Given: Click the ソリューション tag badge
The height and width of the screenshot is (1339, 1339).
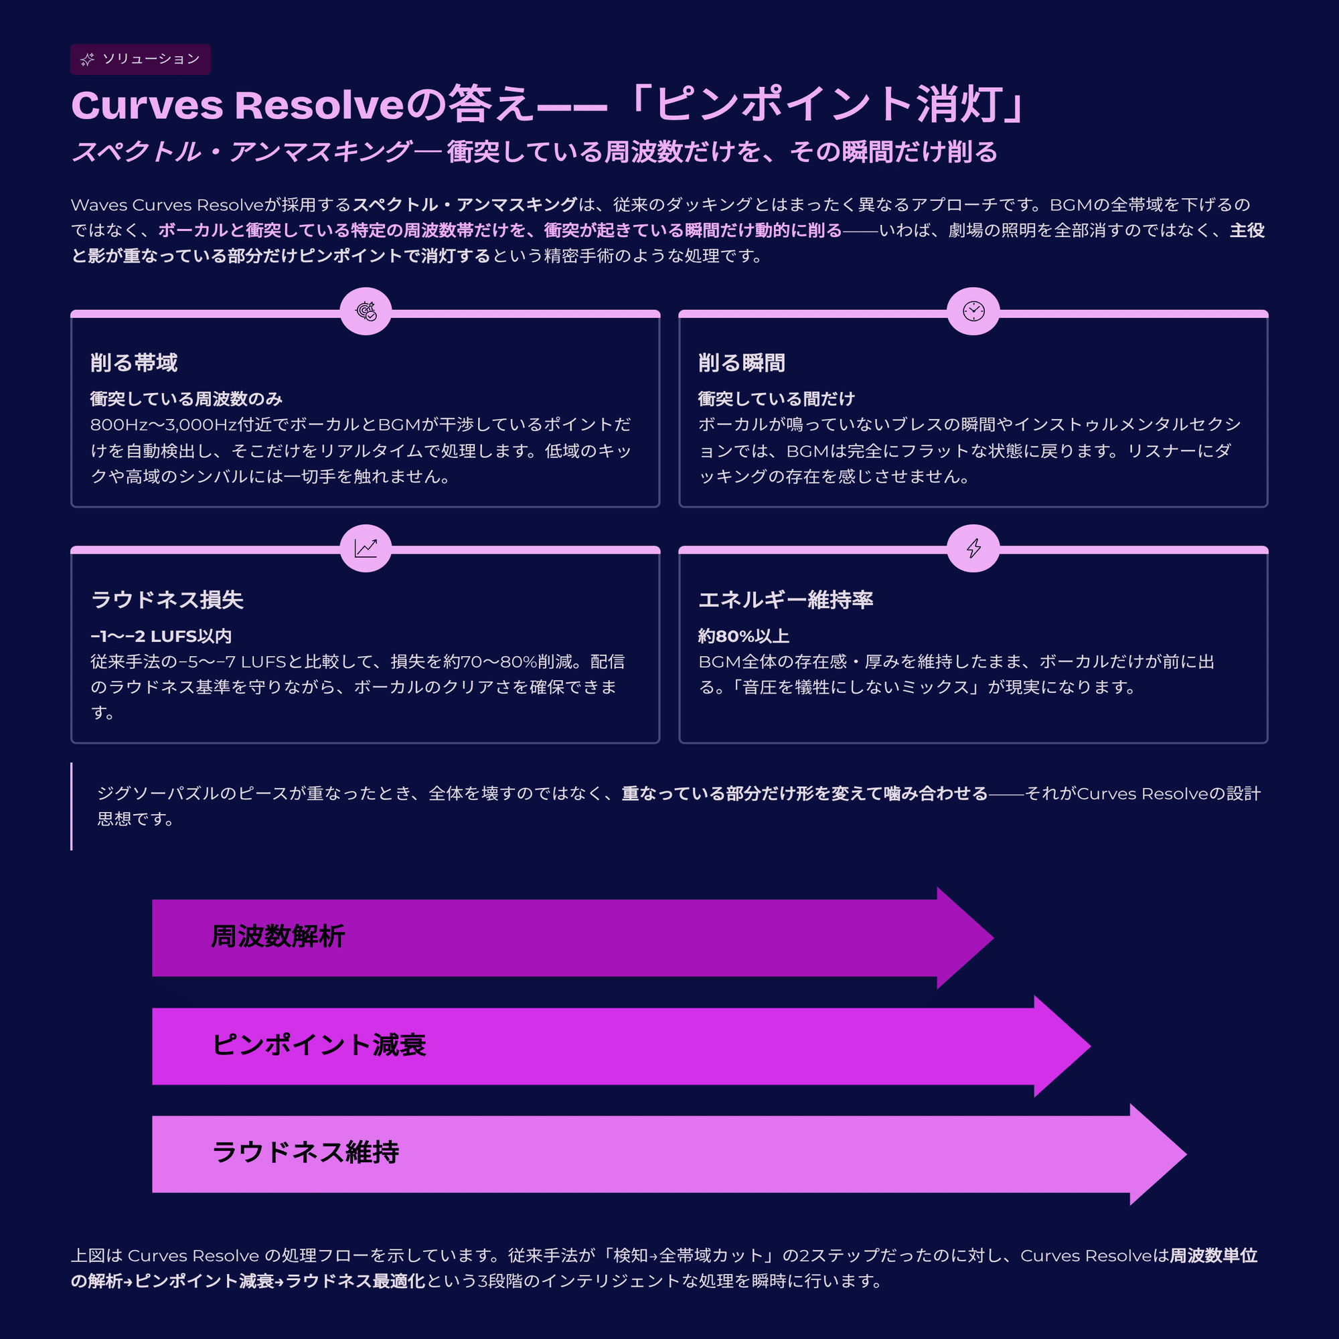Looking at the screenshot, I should click(x=140, y=59).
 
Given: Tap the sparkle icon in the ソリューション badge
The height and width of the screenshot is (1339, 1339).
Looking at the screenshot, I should click(x=87, y=60).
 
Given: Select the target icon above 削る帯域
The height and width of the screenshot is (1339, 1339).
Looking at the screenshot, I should click(x=366, y=311).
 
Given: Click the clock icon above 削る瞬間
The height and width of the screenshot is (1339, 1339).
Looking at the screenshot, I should click(x=973, y=311).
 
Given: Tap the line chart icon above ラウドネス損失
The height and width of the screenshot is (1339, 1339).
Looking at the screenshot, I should click(x=366, y=548).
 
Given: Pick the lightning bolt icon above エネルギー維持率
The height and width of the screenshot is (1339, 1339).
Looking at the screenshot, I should click(x=973, y=548).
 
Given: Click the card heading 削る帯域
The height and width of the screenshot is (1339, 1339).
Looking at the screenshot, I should click(x=134, y=362).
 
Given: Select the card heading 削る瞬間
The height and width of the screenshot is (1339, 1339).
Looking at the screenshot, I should click(x=742, y=362).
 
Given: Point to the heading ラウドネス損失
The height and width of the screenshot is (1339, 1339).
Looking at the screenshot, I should click(x=167, y=599).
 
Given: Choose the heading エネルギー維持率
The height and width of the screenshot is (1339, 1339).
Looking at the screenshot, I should click(x=785, y=599).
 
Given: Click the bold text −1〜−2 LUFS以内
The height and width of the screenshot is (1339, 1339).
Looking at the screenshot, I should click(x=161, y=636).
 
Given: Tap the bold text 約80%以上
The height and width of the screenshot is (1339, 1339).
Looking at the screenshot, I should click(x=743, y=636).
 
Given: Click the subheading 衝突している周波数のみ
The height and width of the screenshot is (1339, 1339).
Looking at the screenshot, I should click(x=186, y=399).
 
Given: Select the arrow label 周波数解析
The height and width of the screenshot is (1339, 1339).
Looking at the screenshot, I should click(x=278, y=937).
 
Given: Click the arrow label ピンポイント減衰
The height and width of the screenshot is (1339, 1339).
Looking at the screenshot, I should click(x=319, y=1044).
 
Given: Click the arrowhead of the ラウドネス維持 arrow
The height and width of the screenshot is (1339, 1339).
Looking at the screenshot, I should click(x=1158, y=1154).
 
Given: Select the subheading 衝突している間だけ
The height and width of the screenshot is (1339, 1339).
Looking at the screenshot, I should click(x=776, y=399).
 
